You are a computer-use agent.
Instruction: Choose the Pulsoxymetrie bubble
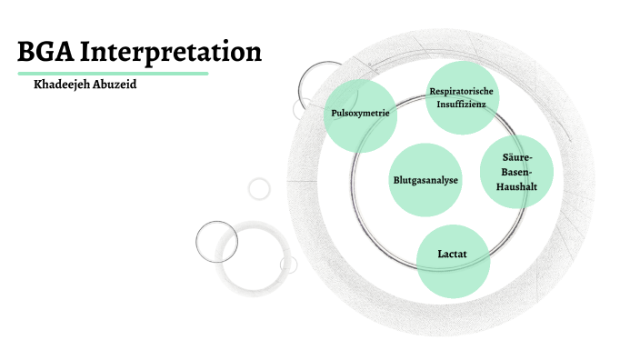click(360, 115)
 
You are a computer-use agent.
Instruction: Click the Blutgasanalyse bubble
click(425, 179)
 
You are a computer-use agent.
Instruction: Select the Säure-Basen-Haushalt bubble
click(515, 173)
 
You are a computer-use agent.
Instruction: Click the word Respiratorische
click(464, 91)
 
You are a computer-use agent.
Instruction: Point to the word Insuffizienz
click(464, 105)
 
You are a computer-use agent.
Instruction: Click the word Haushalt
click(515, 186)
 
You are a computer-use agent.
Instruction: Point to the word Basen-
click(515, 172)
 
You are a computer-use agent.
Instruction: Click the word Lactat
click(453, 255)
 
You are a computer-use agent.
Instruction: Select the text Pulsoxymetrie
click(360, 115)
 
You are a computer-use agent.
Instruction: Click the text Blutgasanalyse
click(425, 180)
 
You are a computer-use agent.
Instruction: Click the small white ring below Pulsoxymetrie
click(259, 188)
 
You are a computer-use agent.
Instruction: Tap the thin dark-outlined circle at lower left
click(216, 241)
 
